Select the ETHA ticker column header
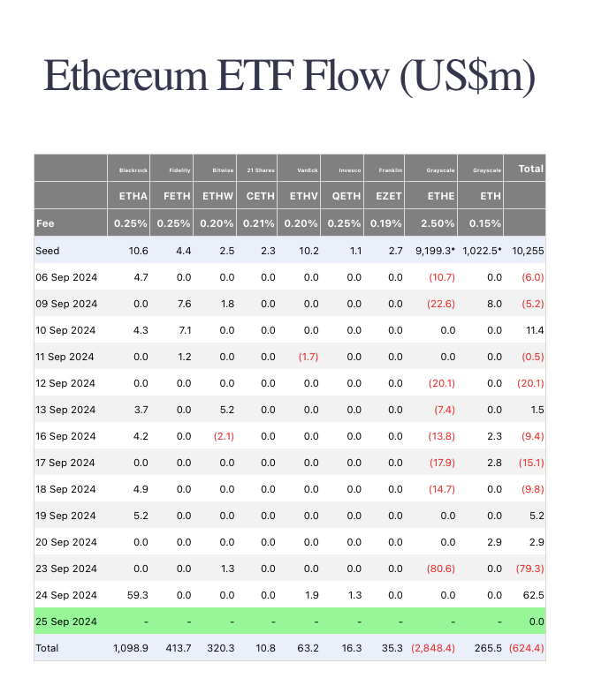131,196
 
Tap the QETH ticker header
345,196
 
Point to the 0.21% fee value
258,223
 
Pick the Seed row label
48,251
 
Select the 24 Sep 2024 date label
66,595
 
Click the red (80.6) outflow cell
439,569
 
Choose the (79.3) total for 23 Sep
529,569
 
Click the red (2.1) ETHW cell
221,436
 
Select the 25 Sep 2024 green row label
66,622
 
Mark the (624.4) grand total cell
527,648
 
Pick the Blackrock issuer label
132,170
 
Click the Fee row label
45,223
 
